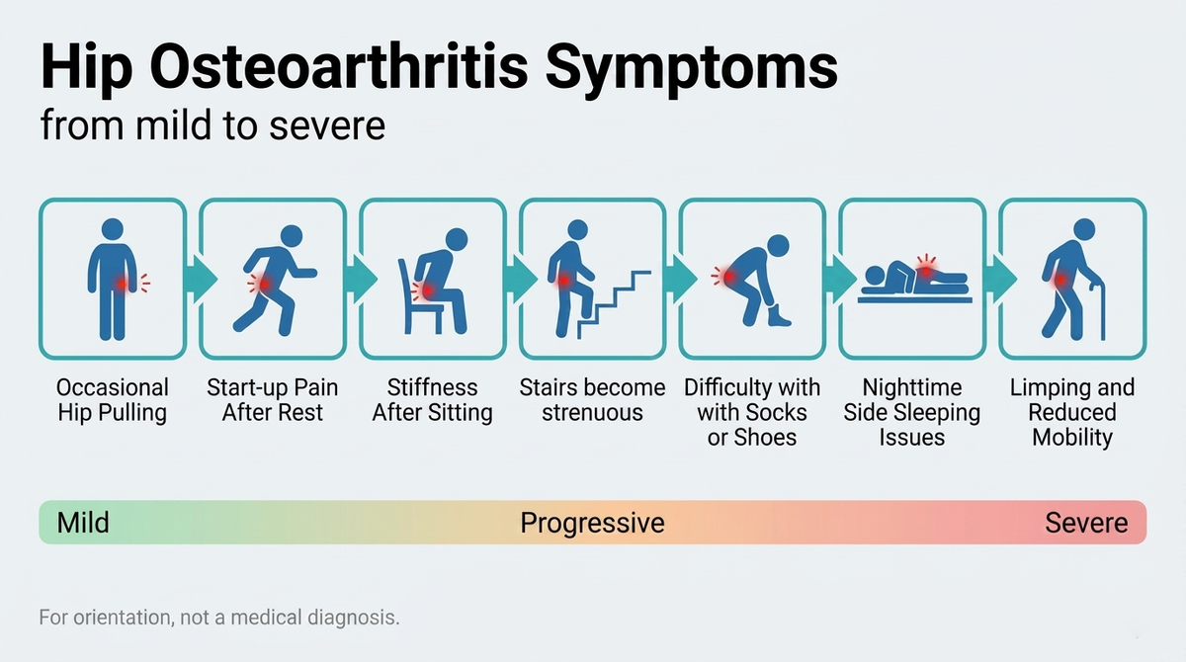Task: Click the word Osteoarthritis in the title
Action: pos(339,68)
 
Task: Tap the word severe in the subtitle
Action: pos(327,125)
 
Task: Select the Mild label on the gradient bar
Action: pos(83,523)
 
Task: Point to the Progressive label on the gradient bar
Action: pos(592,524)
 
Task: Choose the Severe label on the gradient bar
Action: pos(1086,523)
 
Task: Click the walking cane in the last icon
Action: pos(1098,311)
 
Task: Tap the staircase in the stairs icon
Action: pos(614,305)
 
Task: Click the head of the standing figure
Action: pos(113,229)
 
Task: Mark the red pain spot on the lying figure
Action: pos(926,270)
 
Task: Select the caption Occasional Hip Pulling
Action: pos(113,400)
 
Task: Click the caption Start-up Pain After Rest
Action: pos(272,400)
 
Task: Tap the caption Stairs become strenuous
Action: pos(592,400)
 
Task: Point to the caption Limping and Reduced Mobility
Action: pos(1072,413)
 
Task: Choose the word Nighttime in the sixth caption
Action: pos(911,388)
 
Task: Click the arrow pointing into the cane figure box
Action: pos(1000,279)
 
